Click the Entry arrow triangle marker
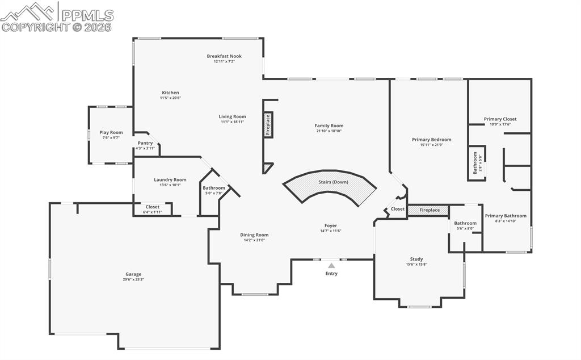(331, 265)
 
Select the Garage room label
(133, 274)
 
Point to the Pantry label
(145, 143)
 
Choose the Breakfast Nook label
(224, 56)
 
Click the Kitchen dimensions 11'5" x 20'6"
(170, 98)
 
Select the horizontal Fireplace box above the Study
(428, 210)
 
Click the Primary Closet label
(500, 119)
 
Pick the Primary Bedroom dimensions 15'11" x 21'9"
(431, 145)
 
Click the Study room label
(416, 259)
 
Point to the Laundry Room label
(170, 180)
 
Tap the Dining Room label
(254, 235)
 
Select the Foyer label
(331, 225)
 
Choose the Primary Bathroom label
(506, 216)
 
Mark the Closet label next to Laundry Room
(153, 207)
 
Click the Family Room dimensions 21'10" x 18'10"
(329, 131)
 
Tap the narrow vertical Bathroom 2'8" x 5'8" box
(476, 164)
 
